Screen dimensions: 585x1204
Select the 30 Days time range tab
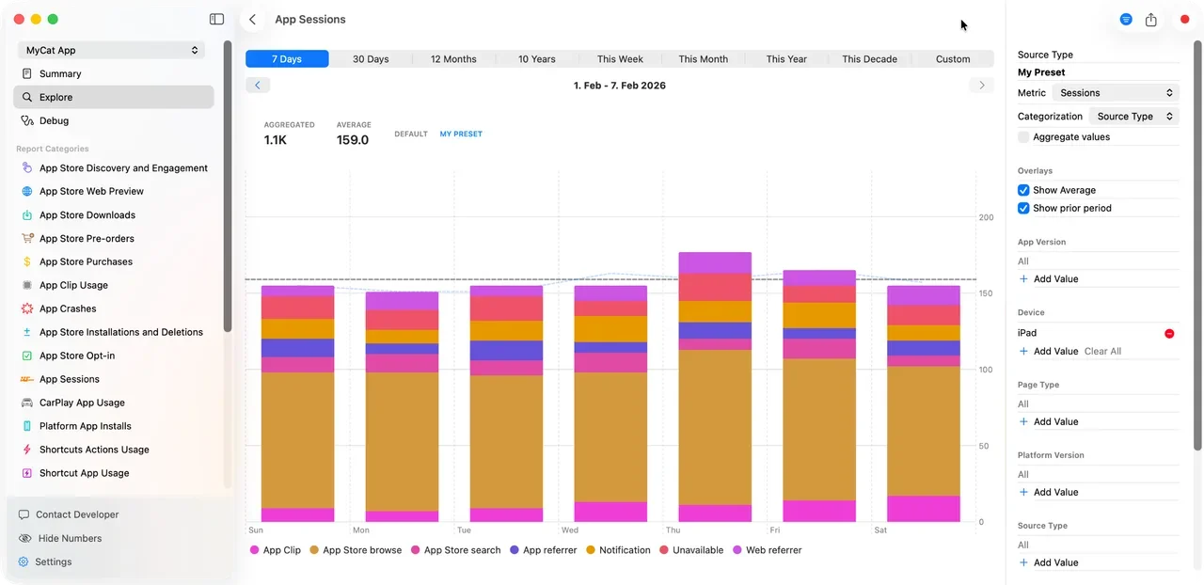[371, 59]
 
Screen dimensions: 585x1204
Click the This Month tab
[703, 59]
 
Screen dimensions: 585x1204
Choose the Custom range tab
[952, 59]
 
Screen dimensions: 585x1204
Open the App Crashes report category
[68, 308]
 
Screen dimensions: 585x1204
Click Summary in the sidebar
[60, 73]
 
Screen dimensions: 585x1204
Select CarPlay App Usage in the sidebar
[82, 403]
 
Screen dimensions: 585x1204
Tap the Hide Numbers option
[70, 538]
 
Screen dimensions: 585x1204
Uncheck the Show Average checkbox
[1023, 190]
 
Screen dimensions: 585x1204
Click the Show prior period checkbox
[1023, 208]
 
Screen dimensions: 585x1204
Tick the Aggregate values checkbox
[1023, 137]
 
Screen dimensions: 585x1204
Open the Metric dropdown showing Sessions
[1115, 93]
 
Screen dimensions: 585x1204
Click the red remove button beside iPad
[1169, 333]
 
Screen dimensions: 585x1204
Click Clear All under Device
[1102, 351]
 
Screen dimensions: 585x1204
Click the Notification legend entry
[624, 550]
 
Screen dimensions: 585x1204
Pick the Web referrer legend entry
[773, 550]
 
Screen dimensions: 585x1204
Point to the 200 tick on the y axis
[986, 217]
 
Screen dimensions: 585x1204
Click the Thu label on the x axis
[673, 530]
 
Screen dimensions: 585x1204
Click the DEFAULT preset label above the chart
[411, 134]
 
